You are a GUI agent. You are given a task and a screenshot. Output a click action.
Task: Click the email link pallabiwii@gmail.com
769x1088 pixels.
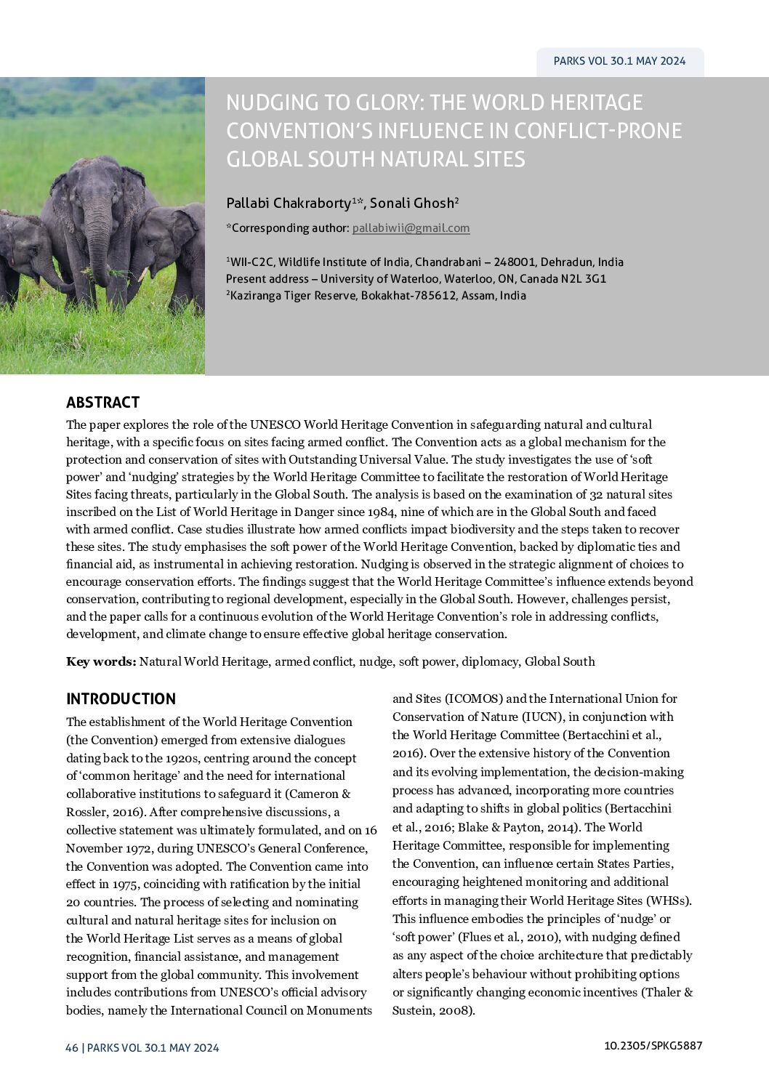point(411,228)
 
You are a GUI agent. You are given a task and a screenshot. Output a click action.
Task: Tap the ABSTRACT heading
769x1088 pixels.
point(102,403)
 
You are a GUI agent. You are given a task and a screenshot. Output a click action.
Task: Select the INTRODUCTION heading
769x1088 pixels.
point(121,699)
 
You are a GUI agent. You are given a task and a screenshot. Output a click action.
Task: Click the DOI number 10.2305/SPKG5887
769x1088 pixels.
point(653,1046)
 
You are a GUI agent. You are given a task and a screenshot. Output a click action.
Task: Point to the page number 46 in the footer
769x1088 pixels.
point(71,1047)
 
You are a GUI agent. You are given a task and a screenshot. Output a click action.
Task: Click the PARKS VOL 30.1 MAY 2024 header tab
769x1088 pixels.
point(619,61)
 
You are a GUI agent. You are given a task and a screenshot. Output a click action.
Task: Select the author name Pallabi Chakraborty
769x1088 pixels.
point(289,203)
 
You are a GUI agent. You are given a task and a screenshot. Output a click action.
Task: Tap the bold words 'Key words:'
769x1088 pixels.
point(101,661)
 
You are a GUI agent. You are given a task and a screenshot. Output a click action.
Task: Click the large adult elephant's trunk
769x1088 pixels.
point(100,240)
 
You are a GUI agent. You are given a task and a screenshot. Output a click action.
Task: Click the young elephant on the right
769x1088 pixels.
point(174,247)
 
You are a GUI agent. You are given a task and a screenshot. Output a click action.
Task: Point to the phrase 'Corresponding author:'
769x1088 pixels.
point(289,228)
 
